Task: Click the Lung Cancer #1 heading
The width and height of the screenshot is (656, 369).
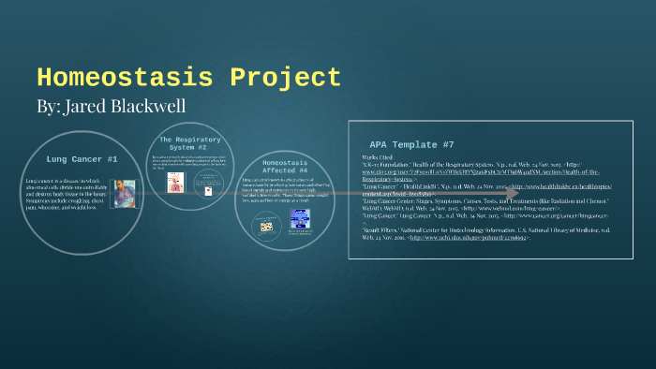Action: tap(82, 160)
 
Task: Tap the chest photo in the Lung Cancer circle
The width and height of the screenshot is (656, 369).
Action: tap(124, 193)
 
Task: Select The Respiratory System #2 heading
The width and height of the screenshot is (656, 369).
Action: tap(184, 143)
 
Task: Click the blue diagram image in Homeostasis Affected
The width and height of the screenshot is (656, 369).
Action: tap(301, 219)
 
